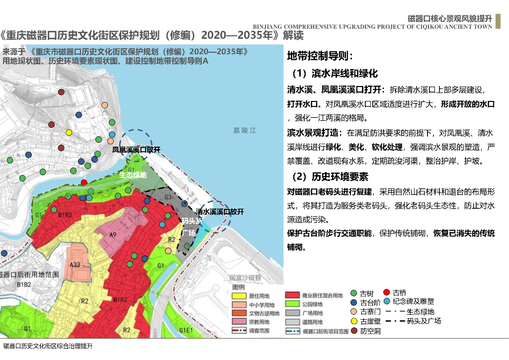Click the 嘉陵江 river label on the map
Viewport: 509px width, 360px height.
pos(245,130)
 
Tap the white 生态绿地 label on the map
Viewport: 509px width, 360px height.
pos(133,175)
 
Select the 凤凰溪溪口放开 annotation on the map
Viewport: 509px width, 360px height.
pos(136,150)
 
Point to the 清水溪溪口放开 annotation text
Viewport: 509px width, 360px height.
pos(220,211)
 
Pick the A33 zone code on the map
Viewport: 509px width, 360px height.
pos(75,265)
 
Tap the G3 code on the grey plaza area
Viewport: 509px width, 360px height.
pos(168,197)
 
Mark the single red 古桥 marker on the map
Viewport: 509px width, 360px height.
pos(84,182)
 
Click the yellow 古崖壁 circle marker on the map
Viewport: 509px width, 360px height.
pos(69,132)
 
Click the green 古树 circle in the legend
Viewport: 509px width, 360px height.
pos(354,293)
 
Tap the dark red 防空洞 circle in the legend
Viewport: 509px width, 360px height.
pos(354,331)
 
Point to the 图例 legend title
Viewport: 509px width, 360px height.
pos(239,287)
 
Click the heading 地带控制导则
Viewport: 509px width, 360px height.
pos(320,56)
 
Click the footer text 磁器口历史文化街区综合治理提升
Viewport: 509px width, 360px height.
pos(48,346)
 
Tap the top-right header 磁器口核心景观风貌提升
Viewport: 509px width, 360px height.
pos(449,18)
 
